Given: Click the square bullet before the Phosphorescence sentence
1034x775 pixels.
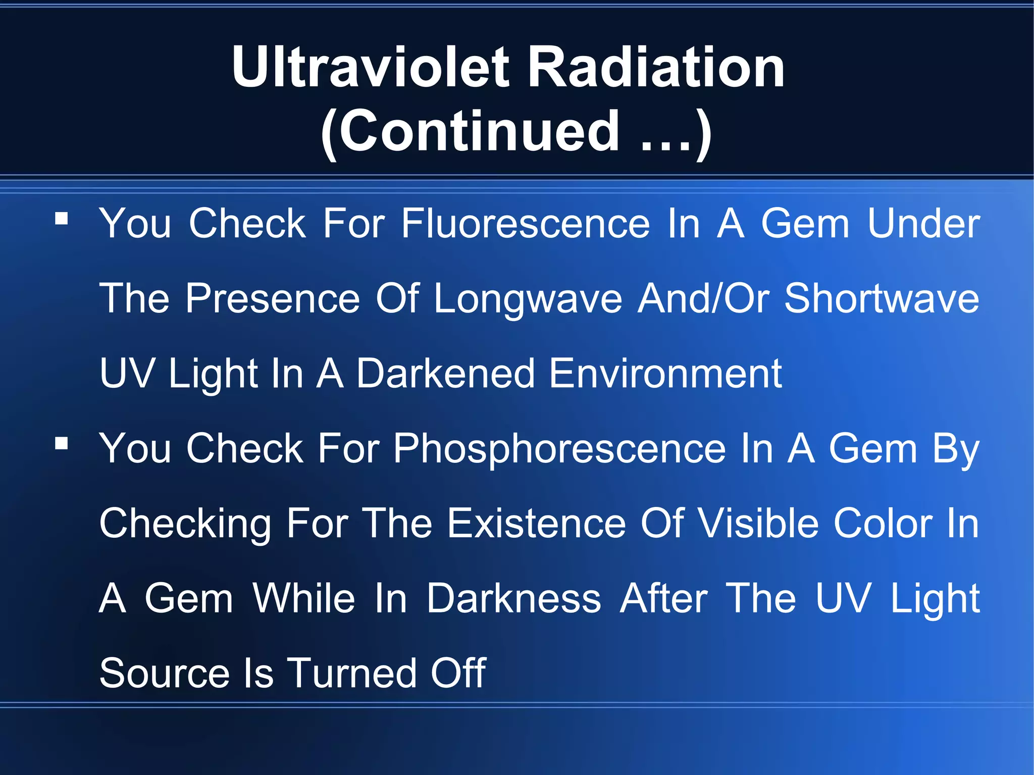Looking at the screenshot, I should click(62, 444).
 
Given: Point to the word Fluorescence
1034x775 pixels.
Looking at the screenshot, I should click(525, 223).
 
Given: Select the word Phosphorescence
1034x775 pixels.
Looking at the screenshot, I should click(559, 448).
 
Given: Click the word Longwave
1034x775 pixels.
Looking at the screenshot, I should click(528, 299).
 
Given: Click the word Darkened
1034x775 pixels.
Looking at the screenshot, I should click(445, 373).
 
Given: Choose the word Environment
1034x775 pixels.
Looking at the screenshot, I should click(665, 373).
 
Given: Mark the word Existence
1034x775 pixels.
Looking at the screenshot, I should click(537, 523).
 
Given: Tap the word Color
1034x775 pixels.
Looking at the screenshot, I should click(883, 523).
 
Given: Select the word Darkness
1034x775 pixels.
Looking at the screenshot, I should click(513, 598).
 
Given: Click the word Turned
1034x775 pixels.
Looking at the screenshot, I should click(351, 673).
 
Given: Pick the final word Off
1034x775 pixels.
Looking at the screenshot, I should click(457, 673).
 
